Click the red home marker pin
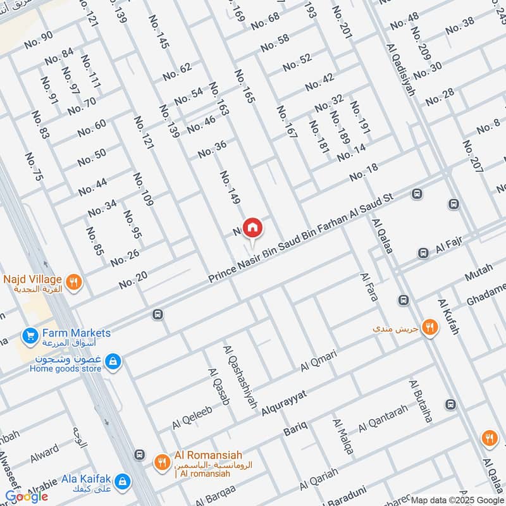252,227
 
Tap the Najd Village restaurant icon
74,281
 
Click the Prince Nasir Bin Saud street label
301,238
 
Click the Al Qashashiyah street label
240,376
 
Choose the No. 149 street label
230,187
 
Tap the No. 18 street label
363,171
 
